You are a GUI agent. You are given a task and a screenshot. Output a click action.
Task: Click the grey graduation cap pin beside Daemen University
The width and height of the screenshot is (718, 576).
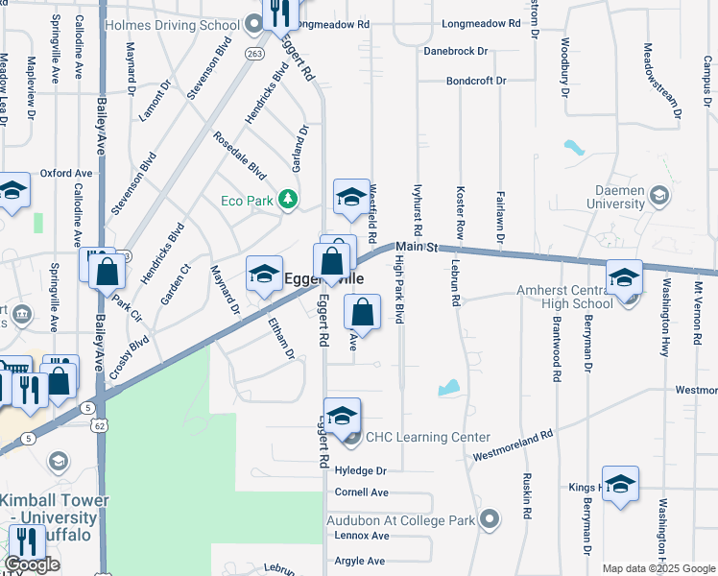coord(658,197)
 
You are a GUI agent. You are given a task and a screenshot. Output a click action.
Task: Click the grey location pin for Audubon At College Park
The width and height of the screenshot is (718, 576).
coord(490,519)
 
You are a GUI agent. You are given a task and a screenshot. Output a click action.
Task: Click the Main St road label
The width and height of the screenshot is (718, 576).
coord(417,247)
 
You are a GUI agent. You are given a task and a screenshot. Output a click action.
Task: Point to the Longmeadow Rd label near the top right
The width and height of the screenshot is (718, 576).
coord(481,23)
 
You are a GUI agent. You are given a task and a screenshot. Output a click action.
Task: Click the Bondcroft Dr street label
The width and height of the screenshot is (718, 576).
coord(475,81)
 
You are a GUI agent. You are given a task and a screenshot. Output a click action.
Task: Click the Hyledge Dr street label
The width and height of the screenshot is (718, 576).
coord(360,471)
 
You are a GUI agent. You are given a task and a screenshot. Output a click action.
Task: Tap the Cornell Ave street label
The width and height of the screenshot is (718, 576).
coord(361,492)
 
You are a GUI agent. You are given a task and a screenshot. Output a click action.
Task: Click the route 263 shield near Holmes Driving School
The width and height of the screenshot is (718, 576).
coord(253,54)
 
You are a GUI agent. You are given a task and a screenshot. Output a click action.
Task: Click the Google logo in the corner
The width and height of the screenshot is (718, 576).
coord(32,565)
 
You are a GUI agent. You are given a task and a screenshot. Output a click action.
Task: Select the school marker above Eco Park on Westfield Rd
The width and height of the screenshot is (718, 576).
coord(351,197)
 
